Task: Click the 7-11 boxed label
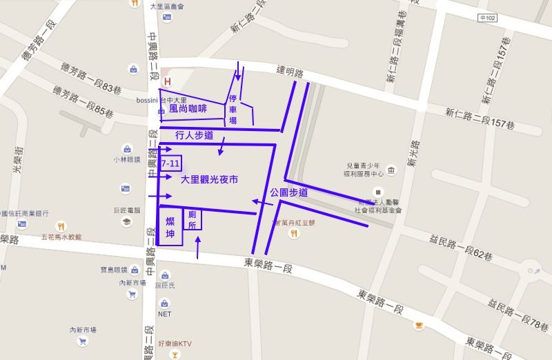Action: pos(170,164)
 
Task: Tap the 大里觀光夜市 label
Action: pos(209,179)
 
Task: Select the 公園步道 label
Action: pos(288,193)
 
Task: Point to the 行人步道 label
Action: pos(194,135)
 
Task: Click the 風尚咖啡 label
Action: pos(188,108)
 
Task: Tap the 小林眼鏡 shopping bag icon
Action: pos(127,148)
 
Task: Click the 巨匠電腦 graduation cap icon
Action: pos(126,221)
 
